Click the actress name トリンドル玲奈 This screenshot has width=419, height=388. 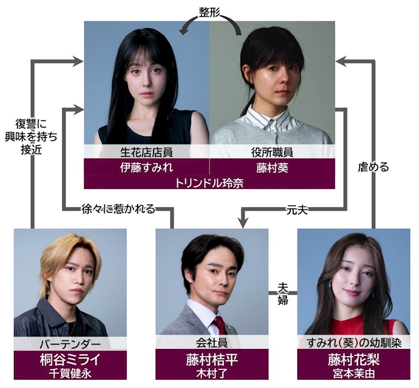click(209, 182)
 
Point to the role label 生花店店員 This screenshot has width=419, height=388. click(147, 152)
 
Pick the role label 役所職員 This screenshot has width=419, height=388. click(272, 152)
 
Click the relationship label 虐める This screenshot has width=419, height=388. click(374, 167)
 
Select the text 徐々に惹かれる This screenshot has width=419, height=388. click(118, 209)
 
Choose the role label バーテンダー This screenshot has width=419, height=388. click(70, 344)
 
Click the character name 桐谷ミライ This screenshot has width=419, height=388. click(70, 359)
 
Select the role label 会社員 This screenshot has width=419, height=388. click(212, 344)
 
